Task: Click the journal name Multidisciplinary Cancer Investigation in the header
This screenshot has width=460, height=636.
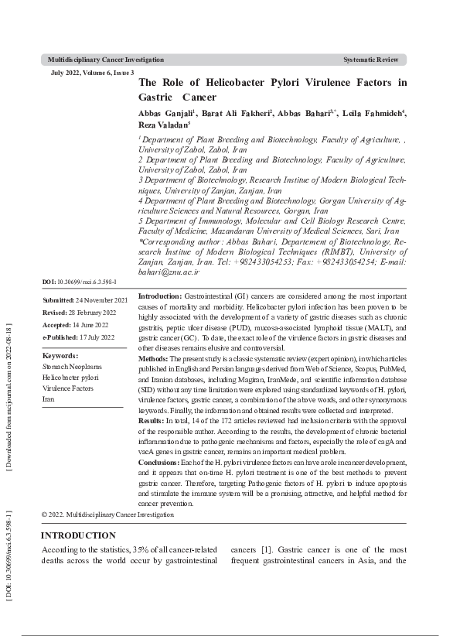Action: pyautogui.click(x=105, y=60)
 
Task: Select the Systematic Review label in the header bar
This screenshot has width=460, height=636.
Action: pyautogui.click(x=371, y=60)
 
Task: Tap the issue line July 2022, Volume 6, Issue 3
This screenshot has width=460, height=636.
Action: pyautogui.click(x=91, y=72)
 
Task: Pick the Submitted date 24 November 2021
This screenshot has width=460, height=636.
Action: pyautogui.click(x=94, y=300)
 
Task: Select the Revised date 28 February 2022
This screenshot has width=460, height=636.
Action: pyautogui.click(x=90, y=313)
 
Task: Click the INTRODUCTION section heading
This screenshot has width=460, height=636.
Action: pyautogui.click(x=78, y=535)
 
